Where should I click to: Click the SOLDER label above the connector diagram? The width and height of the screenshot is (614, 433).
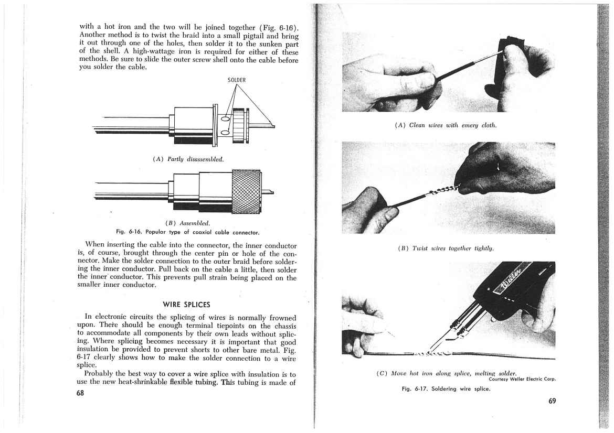tap(237, 80)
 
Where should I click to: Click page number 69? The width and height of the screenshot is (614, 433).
tap(548, 402)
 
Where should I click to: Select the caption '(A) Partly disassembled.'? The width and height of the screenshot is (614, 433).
tap(188, 159)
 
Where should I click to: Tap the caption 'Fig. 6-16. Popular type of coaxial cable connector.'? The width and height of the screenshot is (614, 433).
tap(188, 231)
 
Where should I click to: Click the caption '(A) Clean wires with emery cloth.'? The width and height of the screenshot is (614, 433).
tap(445, 125)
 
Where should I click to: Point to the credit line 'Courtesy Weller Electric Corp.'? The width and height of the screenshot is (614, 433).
tap(522, 379)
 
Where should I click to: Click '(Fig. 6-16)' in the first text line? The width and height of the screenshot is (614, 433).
tap(280, 26)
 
